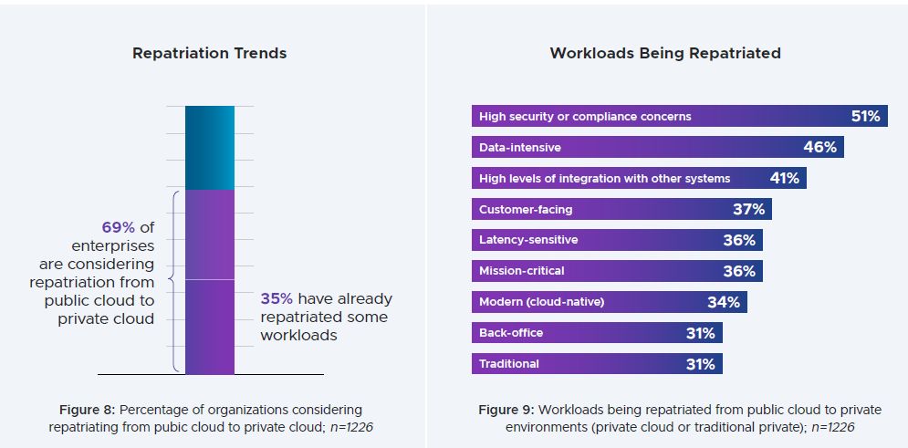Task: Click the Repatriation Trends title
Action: point(209,53)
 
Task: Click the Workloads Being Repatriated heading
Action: point(664,53)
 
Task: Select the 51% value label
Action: point(864,116)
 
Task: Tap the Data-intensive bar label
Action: point(520,147)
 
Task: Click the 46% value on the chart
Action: point(819,147)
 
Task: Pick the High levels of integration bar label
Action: point(604,178)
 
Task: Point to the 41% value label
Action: point(784,178)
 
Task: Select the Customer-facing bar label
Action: point(526,209)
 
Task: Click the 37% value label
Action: point(748,209)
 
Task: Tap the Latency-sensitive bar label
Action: point(528,240)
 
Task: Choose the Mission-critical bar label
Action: point(522,271)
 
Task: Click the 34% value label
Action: point(723,302)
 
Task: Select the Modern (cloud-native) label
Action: point(542,302)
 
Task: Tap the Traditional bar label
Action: point(509,364)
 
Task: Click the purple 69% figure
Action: point(119,226)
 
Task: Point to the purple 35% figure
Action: point(277,298)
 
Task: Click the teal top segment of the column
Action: point(210,147)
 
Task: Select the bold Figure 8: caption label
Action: point(88,410)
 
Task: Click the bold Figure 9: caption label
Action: point(509,410)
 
